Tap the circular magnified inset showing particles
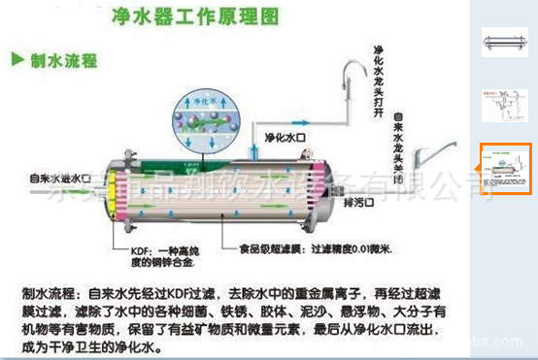(x=198, y=122)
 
